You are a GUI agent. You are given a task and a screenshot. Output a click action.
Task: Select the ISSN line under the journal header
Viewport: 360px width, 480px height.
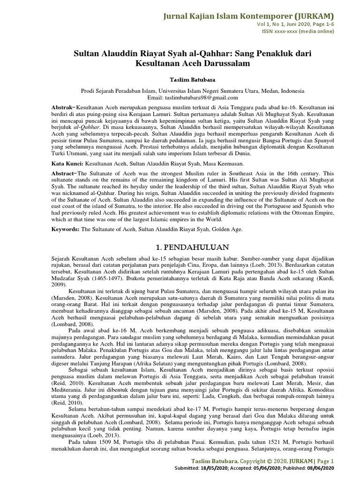coord(298,31)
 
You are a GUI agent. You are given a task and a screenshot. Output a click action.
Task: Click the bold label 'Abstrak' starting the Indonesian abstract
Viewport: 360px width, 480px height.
coord(62,107)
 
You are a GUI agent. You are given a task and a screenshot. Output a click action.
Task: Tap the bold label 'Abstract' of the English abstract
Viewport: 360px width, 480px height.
coord(63,173)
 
